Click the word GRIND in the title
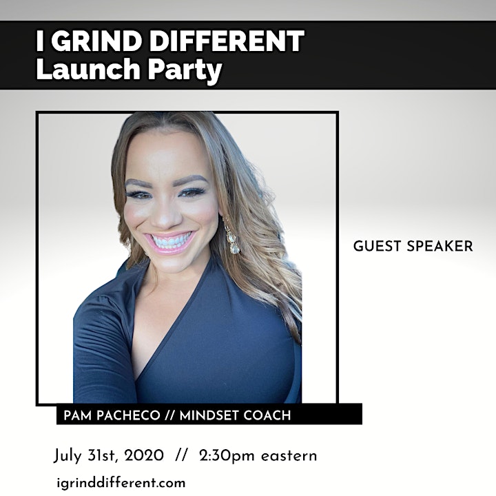coord(96,41)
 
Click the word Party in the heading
coord(185,70)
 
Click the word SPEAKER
coord(440,246)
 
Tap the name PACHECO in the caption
coord(128,415)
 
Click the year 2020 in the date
coord(144,456)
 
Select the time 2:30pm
coord(227,457)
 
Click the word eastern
coord(289,457)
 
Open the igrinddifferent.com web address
coord(121,483)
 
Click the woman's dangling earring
coord(232,236)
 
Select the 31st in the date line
coord(103,456)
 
